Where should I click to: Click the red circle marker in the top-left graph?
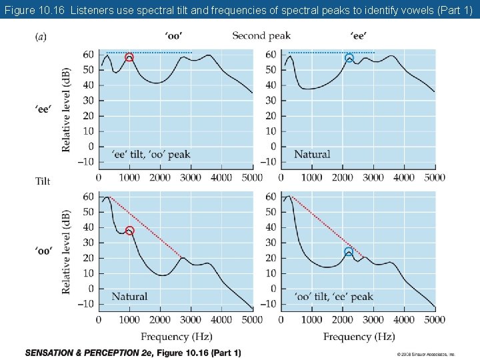[x=129, y=58]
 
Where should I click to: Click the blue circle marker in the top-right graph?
[x=349, y=59]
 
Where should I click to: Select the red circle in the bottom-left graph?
[x=129, y=231]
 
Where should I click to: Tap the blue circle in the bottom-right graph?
[x=349, y=252]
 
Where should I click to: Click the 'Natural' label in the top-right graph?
[x=312, y=155]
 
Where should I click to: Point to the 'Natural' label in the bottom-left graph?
[x=129, y=296]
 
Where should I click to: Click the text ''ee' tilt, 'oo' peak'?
[x=150, y=155]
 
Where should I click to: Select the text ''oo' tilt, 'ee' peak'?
[x=333, y=296]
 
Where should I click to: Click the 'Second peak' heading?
[x=261, y=35]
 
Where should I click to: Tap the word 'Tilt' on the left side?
[x=43, y=181]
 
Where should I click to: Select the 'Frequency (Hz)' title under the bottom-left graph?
[x=176, y=337]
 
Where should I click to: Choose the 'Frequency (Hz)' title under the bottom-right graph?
[x=359, y=337]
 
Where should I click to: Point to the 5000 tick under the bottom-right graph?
[x=435, y=320]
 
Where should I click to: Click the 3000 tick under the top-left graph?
[x=191, y=177]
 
